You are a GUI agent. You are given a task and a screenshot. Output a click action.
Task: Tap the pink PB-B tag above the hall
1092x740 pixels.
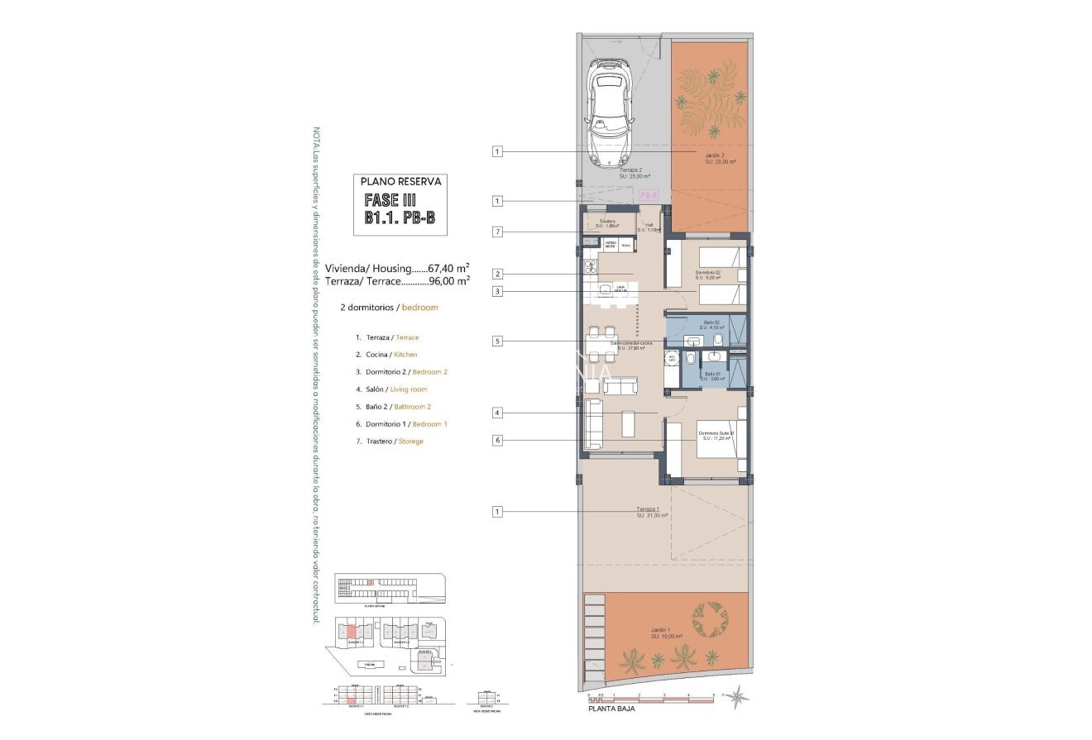(x=649, y=195)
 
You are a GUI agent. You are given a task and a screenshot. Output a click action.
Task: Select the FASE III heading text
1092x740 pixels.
(x=390, y=200)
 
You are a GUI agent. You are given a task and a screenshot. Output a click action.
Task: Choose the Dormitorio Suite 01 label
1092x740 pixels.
(x=716, y=435)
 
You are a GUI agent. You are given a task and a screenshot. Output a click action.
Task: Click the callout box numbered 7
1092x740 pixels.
(x=496, y=232)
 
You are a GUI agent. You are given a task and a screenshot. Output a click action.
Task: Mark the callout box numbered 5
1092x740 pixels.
(x=496, y=341)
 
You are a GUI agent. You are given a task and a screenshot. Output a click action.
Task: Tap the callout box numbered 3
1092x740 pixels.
(x=496, y=291)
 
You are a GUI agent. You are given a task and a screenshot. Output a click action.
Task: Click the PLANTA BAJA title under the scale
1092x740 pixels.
(x=611, y=709)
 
